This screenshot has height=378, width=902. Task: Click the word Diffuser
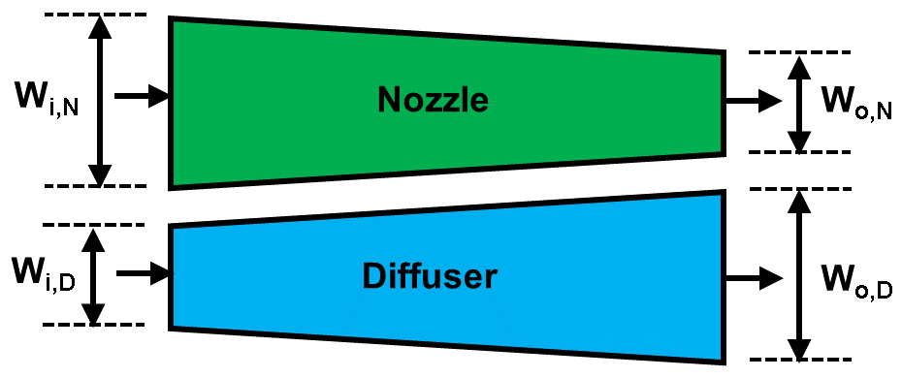tap(430, 276)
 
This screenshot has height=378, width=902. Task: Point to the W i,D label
tap(45, 274)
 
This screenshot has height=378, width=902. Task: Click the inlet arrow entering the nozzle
tap(142, 97)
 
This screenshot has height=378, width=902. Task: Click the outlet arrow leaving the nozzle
tap(753, 100)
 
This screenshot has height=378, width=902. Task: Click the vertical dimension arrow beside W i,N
tap(97, 100)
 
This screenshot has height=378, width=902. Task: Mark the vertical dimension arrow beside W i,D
tap(92, 275)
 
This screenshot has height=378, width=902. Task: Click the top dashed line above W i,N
tap(95, 15)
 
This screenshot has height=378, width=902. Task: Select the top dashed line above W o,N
tap(800, 51)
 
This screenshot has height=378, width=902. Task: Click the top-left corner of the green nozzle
tap(172, 18)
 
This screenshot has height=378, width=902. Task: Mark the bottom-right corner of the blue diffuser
tap(724, 362)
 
